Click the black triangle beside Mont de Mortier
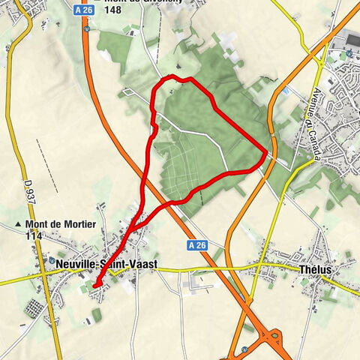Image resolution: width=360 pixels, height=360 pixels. (x=18, y=224)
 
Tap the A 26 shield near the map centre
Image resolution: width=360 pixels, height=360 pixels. (x=196, y=245)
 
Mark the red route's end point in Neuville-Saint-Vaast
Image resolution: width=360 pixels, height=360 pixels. (x=95, y=285)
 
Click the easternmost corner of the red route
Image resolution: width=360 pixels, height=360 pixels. (x=266, y=152)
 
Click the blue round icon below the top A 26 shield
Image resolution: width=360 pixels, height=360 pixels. (x=87, y=29)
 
